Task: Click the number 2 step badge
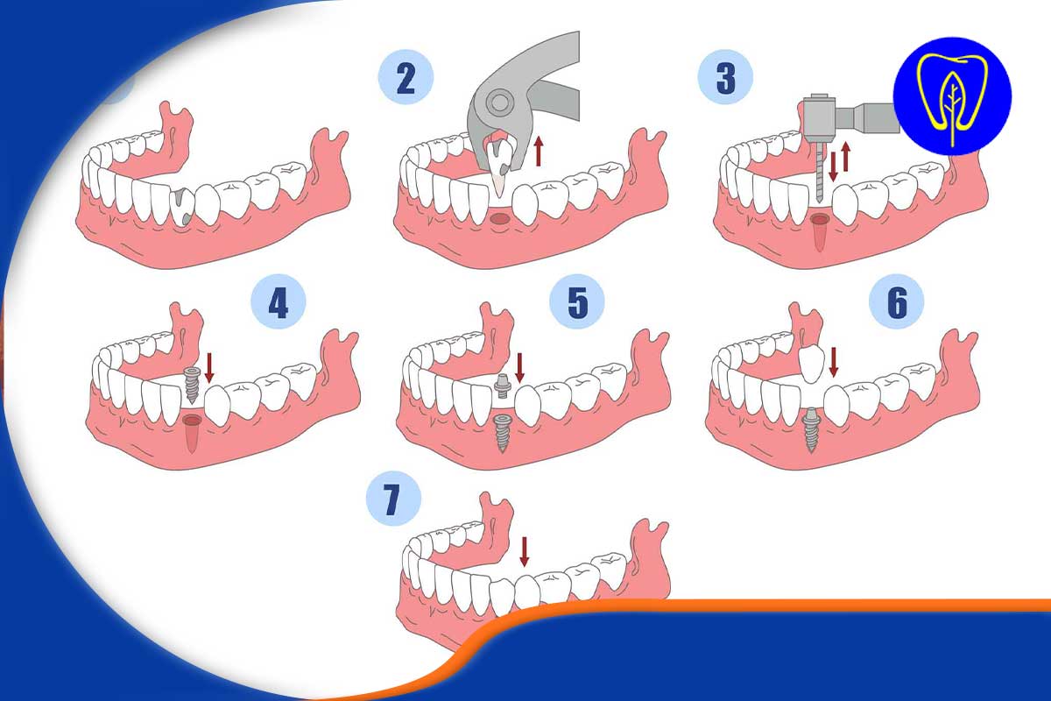[406, 77]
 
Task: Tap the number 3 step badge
[725, 77]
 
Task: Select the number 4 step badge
[279, 301]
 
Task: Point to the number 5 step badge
[577, 301]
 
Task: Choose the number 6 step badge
[896, 301]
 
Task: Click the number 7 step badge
[393, 499]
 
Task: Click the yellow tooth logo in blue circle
[953, 96]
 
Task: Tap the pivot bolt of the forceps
[498, 102]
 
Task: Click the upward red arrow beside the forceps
[540, 151]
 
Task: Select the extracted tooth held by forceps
[500, 165]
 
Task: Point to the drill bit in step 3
[819, 172]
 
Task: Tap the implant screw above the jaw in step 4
[193, 385]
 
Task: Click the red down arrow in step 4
[209, 368]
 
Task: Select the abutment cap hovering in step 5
[503, 387]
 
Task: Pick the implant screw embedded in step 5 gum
[502, 433]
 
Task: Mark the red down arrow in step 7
[525, 552]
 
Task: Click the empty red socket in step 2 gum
[499, 219]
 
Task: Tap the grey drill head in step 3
[819, 119]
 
